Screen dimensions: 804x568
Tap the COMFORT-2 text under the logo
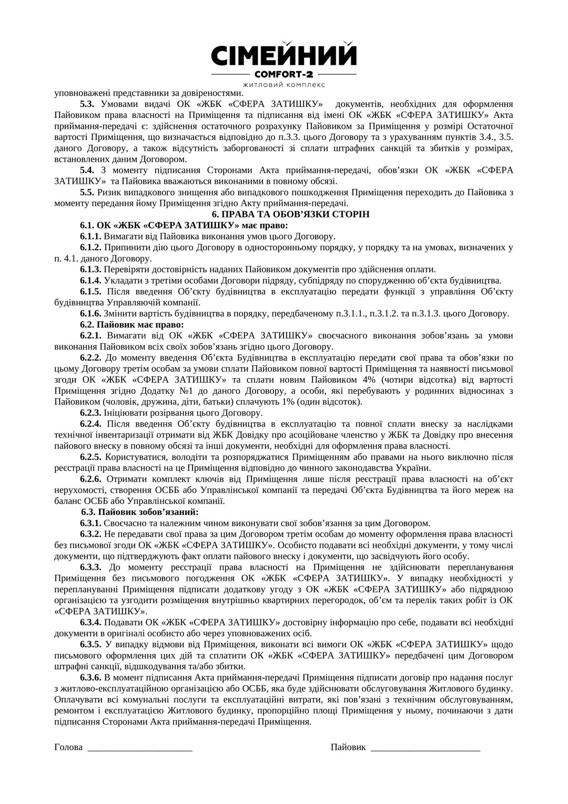click(x=283, y=74)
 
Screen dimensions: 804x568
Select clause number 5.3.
click(x=87, y=104)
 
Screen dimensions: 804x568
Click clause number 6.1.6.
click(x=90, y=314)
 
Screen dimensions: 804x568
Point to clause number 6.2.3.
click(x=90, y=413)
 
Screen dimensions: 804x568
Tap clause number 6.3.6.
click(x=90, y=678)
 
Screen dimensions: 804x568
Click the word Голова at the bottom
click(x=68, y=748)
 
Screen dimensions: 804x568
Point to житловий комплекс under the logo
click(x=283, y=85)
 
